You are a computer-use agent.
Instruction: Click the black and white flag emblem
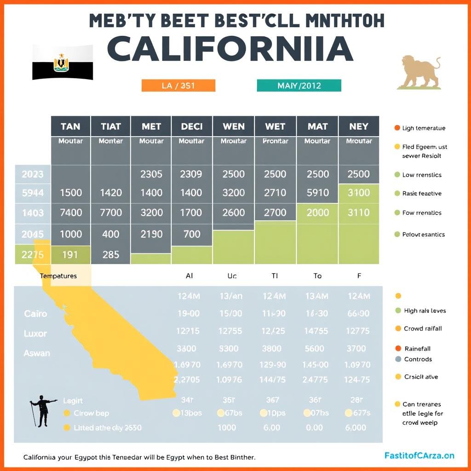click(63, 63)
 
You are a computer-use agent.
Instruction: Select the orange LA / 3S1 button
click(178, 86)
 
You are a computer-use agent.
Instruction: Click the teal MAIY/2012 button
click(299, 86)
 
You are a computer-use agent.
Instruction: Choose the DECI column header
click(192, 126)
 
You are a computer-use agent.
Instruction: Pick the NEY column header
click(359, 126)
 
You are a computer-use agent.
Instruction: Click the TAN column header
click(70, 126)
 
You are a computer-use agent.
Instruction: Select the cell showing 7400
click(71, 213)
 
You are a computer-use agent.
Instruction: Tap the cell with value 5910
click(317, 193)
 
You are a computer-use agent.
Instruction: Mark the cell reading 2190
click(151, 234)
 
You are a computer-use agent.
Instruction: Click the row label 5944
click(33, 193)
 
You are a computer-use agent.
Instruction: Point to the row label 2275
click(33, 254)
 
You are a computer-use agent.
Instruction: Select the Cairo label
click(35, 314)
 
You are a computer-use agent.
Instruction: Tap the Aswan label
click(37, 353)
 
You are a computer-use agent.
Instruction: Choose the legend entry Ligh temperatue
click(423, 128)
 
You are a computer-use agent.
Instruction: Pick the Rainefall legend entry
click(417, 349)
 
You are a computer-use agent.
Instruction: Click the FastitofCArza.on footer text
click(419, 455)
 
